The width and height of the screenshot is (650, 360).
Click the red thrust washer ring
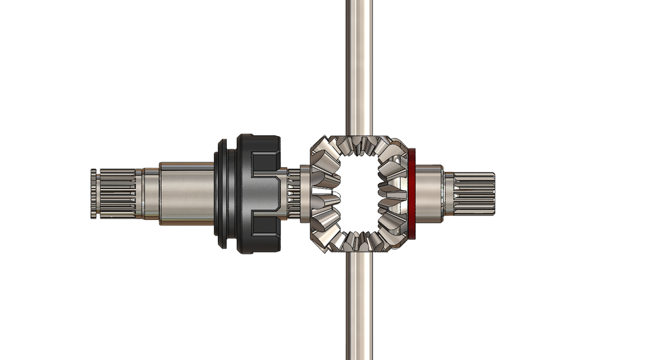pos(411,195)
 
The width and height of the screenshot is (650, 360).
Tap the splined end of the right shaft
pos(475,194)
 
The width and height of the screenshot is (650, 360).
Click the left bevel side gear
pos(323,195)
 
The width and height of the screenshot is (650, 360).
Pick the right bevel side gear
pos(394,195)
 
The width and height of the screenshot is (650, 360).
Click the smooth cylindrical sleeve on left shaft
pos(186,194)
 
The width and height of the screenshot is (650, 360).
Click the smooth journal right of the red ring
pos(428,194)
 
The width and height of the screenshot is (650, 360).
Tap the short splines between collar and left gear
pos(292,194)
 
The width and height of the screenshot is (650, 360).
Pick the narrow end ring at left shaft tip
pos(93,194)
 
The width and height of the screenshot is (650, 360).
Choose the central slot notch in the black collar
pos(267,194)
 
